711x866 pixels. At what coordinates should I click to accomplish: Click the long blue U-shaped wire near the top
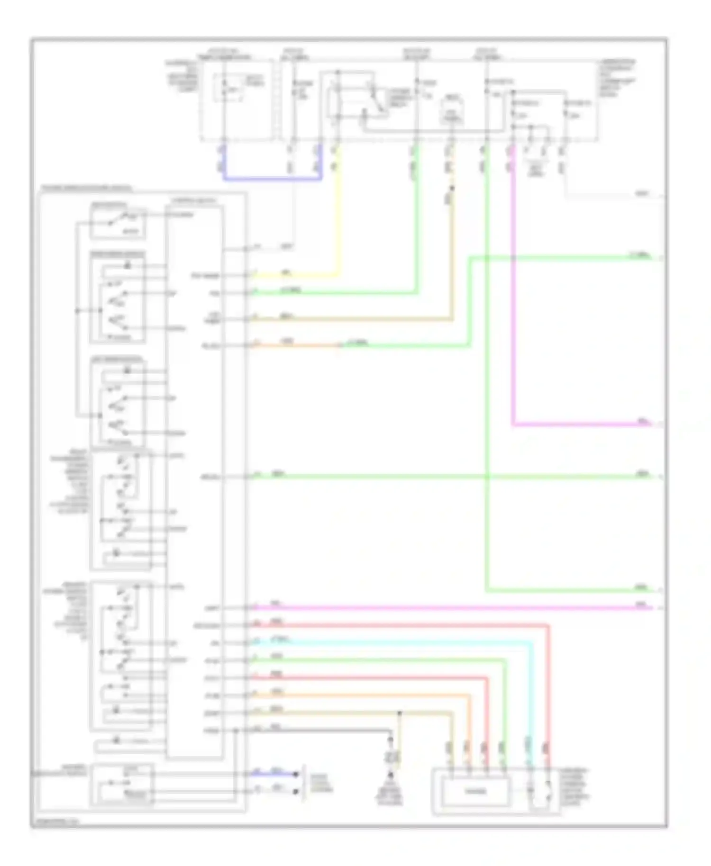click(x=273, y=179)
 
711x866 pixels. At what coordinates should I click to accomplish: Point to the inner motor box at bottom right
click(x=475, y=792)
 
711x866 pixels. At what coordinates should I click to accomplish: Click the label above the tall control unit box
click(x=194, y=201)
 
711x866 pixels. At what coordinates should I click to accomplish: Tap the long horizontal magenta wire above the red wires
click(x=450, y=608)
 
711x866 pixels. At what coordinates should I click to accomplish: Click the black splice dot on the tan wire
click(x=400, y=713)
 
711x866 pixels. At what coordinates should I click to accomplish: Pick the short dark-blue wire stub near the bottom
click(x=275, y=774)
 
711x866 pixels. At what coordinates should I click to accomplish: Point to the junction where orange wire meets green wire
click(x=338, y=346)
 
